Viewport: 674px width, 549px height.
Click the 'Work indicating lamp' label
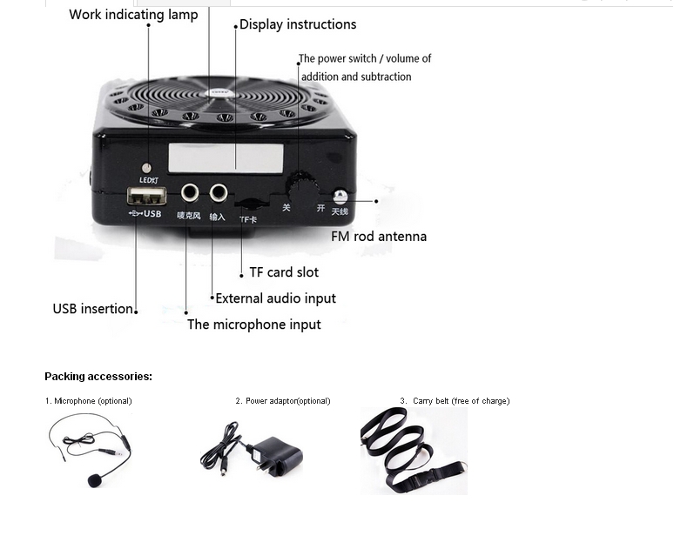[133, 14]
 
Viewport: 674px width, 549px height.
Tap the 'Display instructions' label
[298, 24]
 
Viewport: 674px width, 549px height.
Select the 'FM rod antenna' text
[379, 236]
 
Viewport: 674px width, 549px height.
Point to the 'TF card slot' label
[284, 272]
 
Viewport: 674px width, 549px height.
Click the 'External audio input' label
[275, 298]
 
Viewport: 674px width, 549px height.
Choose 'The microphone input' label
[254, 325]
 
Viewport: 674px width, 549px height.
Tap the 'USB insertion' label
[93, 309]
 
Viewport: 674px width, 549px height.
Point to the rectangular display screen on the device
[226, 157]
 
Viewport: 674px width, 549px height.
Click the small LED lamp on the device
[146, 167]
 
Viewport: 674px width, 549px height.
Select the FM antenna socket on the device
[340, 198]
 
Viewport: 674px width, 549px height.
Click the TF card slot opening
[249, 204]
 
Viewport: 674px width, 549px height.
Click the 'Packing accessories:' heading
[98, 377]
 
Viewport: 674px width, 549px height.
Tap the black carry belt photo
[414, 451]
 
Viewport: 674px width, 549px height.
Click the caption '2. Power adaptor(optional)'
[283, 401]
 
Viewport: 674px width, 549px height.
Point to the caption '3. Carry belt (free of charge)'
[455, 401]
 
